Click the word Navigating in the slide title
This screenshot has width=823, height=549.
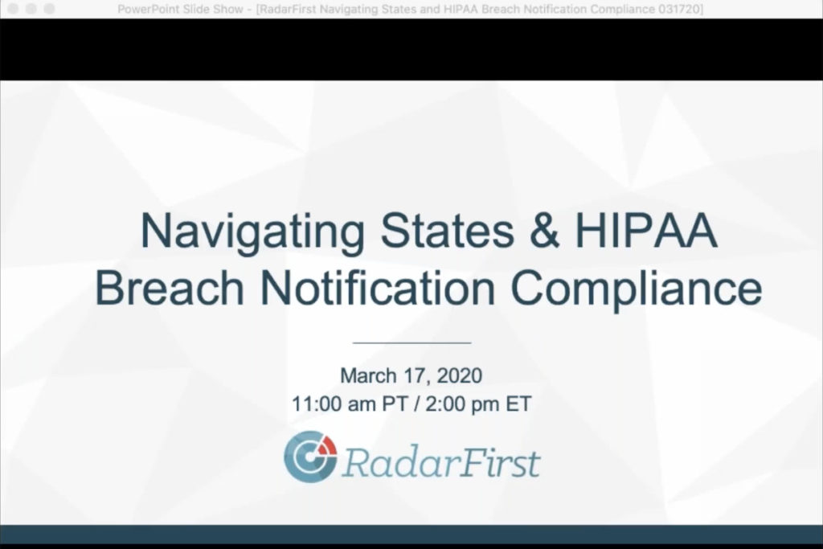click(x=252, y=232)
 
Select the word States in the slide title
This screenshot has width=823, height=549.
click(x=447, y=230)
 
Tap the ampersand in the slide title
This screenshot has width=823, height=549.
click(x=544, y=230)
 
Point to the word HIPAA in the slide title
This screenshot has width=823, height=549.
click(x=646, y=230)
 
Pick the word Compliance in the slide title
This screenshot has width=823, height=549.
click(x=637, y=289)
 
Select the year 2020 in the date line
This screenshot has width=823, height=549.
click(x=459, y=375)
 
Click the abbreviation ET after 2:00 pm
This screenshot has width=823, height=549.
click(x=518, y=404)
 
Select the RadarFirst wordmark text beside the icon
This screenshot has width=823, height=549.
click(x=441, y=462)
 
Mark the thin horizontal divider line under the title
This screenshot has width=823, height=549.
click(x=412, y=342)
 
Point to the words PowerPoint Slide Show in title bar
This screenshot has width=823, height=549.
click(x=180, y=10)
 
